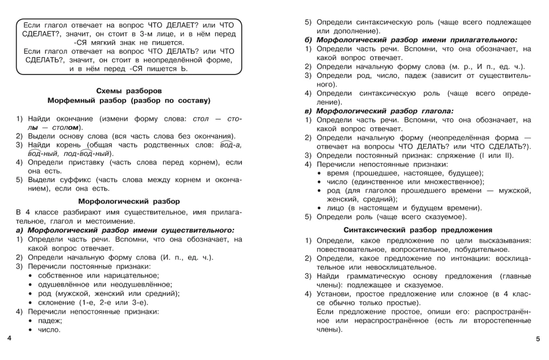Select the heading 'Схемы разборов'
point(129,91)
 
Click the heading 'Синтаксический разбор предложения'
point(417,229)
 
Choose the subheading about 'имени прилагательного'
point(411,40)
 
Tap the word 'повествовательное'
point(351,250)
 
